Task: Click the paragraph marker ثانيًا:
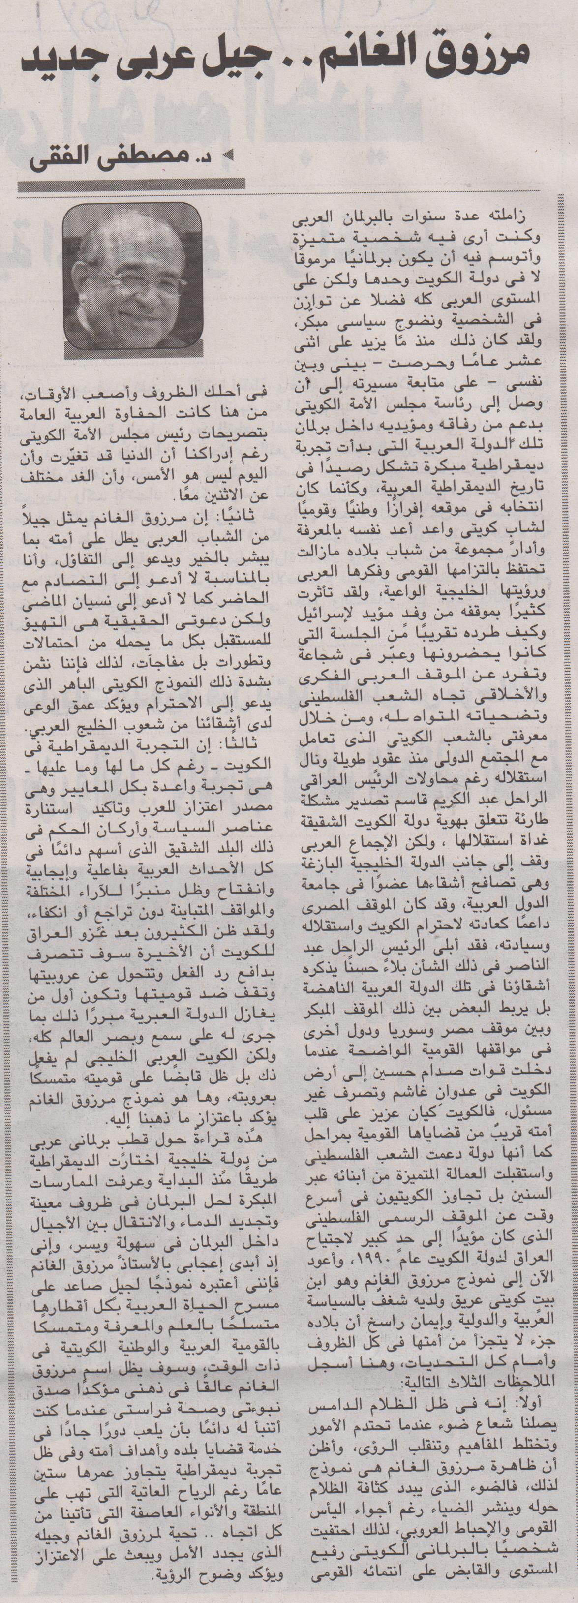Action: (251, 516)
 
